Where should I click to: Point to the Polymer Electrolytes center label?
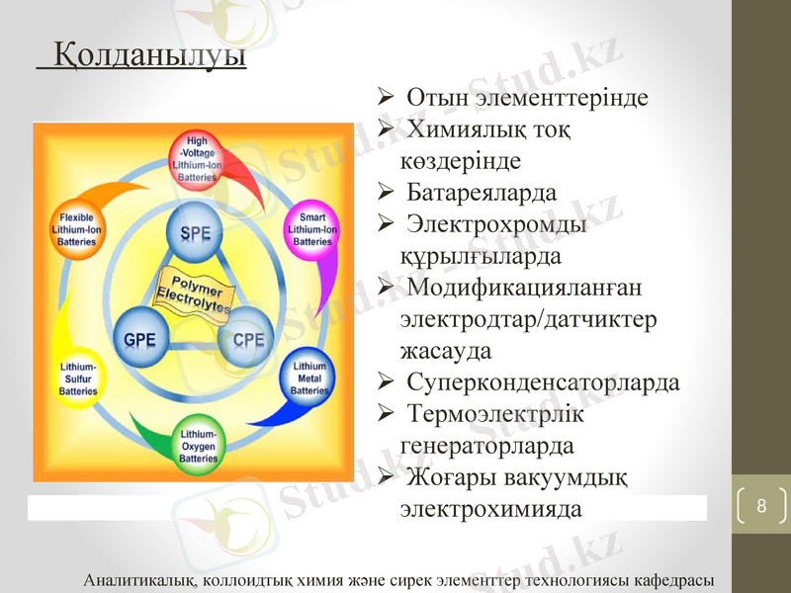(x=194, y=290)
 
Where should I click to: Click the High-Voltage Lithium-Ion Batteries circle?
(x=196, y=159)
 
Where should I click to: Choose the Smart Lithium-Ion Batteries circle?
(x=311, y=229)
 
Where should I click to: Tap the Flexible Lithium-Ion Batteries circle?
(x=77, y=229)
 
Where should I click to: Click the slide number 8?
(x=760, y=506)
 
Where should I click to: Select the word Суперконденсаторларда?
(x=543, y=382)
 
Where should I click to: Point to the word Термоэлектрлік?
(x=495, y=414)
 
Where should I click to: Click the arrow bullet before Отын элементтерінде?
(x=388, y=98)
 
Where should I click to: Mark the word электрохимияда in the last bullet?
(x=490, y=510)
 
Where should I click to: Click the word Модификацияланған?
(x=523, y=288)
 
